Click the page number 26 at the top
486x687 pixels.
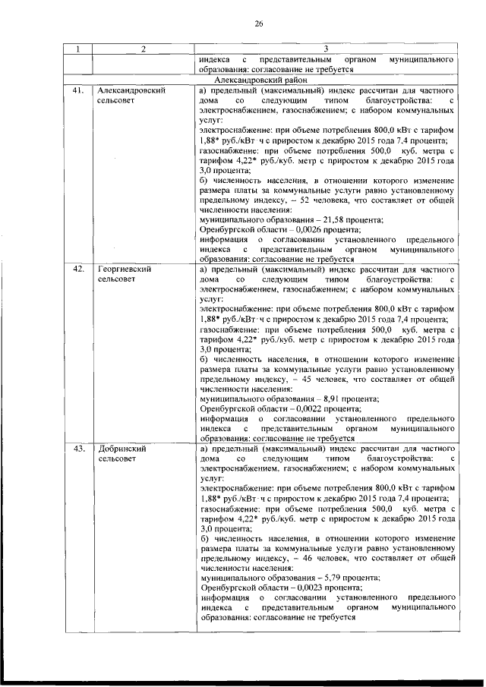(x=257, y=24)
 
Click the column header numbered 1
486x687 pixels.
(x=77, y=50)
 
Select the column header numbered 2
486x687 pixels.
(x=142, y=50)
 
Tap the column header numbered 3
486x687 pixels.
(x=326, y=50)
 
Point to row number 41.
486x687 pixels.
(x=77, y=90)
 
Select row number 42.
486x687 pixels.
(x=77, y=269)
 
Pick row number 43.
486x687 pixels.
(x=77, y=449)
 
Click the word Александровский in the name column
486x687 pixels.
(x=131, y=90)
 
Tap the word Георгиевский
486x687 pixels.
(x=124, y=269)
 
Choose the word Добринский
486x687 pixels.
(x=121, y=449)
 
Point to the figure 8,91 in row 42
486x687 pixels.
(x=314, y=399)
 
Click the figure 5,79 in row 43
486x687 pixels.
(x=314, y=578)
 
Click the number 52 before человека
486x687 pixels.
(x=308, y=199)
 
